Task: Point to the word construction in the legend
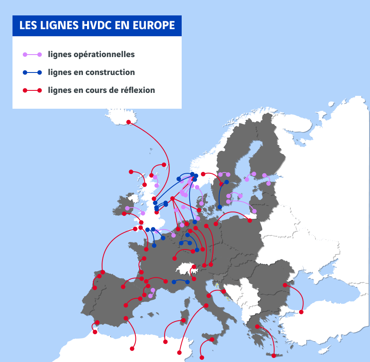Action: [x=110, y=72]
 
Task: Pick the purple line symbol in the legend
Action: [x=32, y=54]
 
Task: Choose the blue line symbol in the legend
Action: [x=32, y=72]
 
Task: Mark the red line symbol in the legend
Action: [x=32, y=90]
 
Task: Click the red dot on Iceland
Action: [x=128, y=122]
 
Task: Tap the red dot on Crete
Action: [x=273, y=356]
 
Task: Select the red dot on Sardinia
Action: [x=183, y=320]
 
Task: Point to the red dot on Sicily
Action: [x=212, y=340]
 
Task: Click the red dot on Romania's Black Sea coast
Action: [x=285, y=285]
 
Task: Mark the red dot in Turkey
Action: [x=301, y=312]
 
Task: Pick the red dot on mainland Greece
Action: [x=257, y=326]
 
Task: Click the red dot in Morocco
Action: [x=95, y=332]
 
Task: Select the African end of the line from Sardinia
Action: [x=165, y=342]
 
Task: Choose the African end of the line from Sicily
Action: [x=202, y=357]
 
